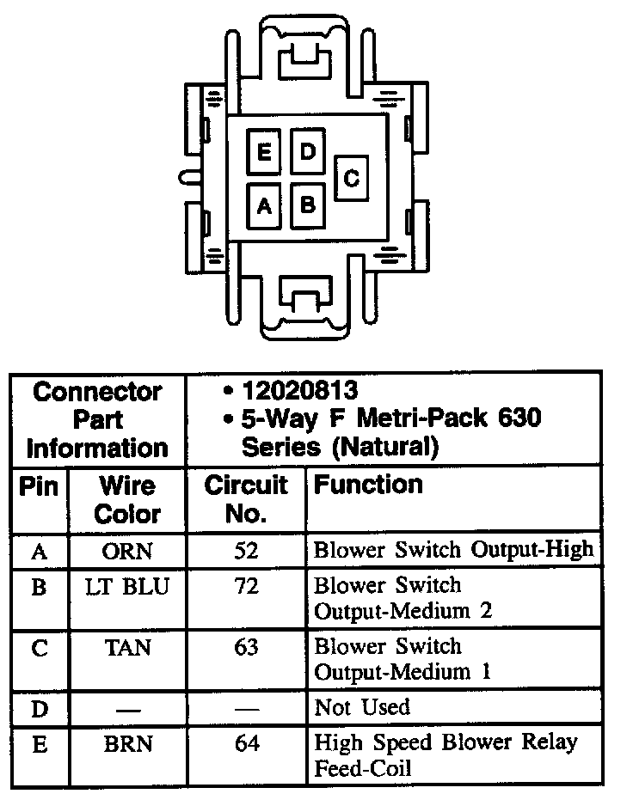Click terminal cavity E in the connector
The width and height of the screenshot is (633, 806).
click(x=264, y=153)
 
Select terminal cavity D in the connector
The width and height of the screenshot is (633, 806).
click(x=307, y=152)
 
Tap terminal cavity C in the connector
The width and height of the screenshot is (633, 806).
click(x=351, y=178)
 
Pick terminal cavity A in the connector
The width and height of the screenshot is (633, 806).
click(x=264, y=205)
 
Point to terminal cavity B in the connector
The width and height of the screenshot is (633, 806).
click(x=307, y=205)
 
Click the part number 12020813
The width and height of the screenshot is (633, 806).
click(x=299, y=392)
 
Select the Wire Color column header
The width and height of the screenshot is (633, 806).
click(x=127, y=499)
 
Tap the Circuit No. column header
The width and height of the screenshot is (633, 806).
click(x=246, y=499)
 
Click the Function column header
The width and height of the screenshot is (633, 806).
click(x=368, y=485)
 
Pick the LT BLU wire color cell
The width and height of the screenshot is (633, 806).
click(x=127, y=587)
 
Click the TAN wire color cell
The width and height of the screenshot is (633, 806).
click(x=127, y=648)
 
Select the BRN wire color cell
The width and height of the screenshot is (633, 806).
click(x=127, y=743)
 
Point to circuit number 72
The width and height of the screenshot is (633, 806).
click(x=246, y=587)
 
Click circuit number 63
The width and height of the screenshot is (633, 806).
click(x=246, y=648)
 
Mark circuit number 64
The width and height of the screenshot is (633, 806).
click(x=246, y=743)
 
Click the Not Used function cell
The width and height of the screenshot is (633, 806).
click(x=362, y=708)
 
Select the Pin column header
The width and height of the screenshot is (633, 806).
click(x=39, y=486)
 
